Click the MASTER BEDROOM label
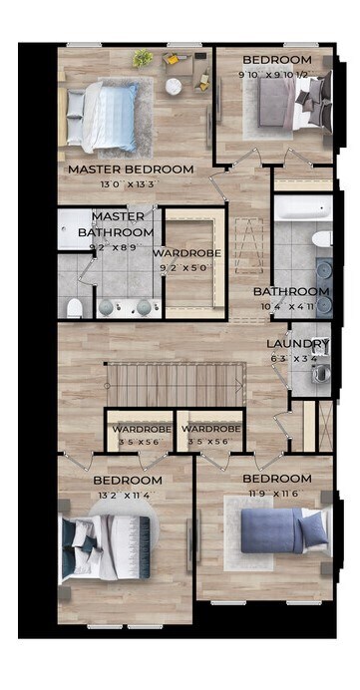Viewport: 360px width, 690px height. (131, 170)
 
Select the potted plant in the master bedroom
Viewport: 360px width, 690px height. (145, 58)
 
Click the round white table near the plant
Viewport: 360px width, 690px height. (174, 87)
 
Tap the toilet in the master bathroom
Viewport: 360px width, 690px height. (75, 307)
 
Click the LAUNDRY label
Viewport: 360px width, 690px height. (297, 345)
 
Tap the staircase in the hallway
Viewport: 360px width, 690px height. (176, 383)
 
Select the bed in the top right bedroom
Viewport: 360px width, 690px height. (289, 103)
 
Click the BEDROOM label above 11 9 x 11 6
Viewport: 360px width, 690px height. (277, 479)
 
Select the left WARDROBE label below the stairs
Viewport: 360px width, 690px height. (139, 429)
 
